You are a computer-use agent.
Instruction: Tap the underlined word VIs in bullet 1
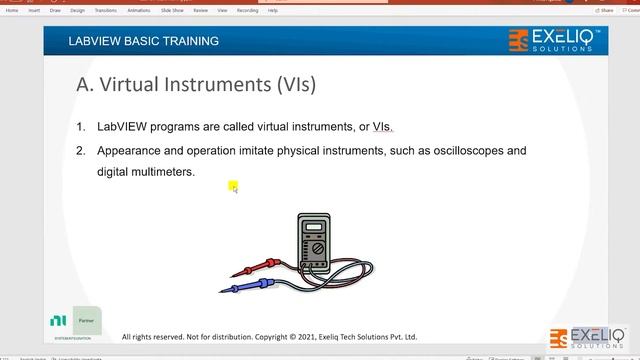(x=383, y=127)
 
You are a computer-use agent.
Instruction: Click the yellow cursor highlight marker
(x=232, y=185)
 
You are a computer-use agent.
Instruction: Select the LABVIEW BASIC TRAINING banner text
(x=143, y=41)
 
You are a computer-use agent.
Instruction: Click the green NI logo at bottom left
(x=59, y=321)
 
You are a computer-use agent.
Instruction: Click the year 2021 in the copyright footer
(x=299, y=337)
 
